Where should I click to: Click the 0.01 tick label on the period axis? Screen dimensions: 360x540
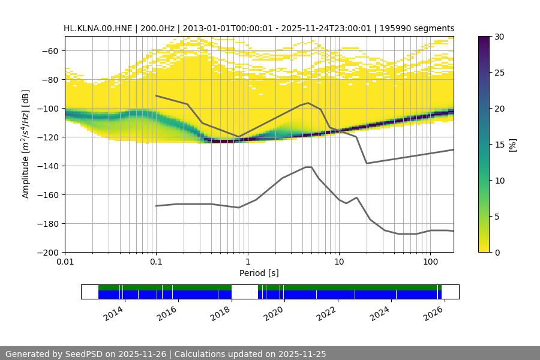tap(65, 261)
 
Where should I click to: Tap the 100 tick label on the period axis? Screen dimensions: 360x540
tap(430, 261)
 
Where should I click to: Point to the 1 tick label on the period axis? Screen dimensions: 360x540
tap(248, 261)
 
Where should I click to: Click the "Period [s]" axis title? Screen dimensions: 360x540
tap(259, 273)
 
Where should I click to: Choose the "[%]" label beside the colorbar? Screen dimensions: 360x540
tap(513, 145)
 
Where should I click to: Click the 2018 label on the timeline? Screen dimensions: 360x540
tap(220, 313)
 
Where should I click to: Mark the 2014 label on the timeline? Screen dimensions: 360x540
tap(113, 313)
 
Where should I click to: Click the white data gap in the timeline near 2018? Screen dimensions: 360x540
tap(245, 292)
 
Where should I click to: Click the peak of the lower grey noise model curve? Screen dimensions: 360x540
tap(308, 167)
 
